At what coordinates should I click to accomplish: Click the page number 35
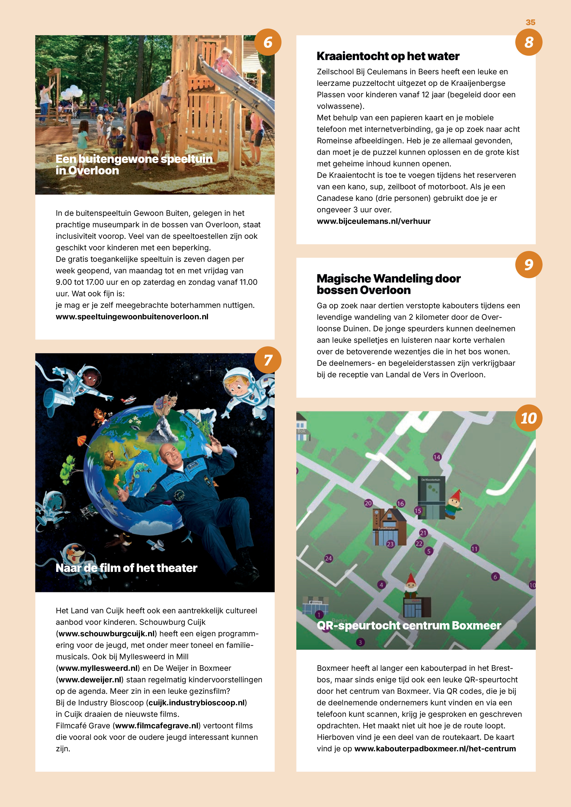[x=530, y=23]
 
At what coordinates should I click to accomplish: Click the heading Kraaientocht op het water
[x=388, y=56]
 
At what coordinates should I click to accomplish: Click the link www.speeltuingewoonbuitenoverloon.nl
[x=132, y=317]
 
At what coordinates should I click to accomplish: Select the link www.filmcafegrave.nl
[x=157, y=726]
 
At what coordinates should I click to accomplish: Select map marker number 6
[x=495, y=577]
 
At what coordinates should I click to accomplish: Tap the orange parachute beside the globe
[x=82, y=440]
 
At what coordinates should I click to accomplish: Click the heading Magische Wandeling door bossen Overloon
[x=388, y=284]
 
